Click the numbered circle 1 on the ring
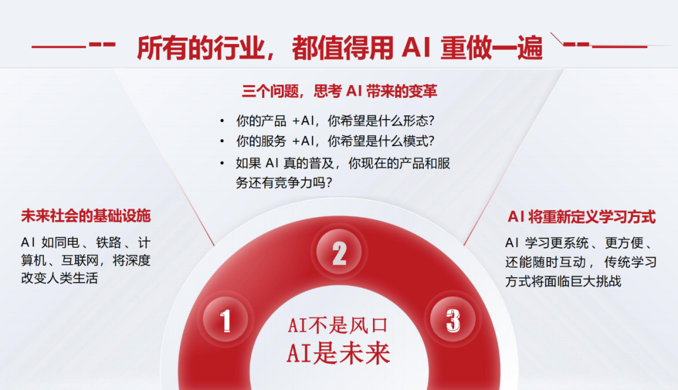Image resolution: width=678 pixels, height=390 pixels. [225, 320]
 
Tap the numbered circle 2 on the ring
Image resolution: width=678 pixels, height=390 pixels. [340, 252]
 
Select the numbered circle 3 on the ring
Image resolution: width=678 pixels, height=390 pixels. [453, 319]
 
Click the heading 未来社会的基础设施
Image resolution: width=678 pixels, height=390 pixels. [85, 216]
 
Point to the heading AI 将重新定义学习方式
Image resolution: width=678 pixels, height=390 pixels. [581, 216]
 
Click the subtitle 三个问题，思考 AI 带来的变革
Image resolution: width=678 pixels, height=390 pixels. [340, 91]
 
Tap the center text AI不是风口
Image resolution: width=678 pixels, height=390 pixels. [338, 325]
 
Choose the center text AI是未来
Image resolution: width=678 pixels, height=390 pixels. [338, 353]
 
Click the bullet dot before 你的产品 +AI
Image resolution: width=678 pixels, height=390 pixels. [222, 121]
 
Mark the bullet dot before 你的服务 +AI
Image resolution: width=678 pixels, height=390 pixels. [222, 141]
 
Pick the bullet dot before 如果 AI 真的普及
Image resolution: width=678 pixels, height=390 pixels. [222, 163]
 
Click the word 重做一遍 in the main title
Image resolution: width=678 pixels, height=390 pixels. [492, 48]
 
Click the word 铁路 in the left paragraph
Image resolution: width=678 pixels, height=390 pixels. [109, 243]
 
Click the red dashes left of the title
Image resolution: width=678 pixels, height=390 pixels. [102, 45]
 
